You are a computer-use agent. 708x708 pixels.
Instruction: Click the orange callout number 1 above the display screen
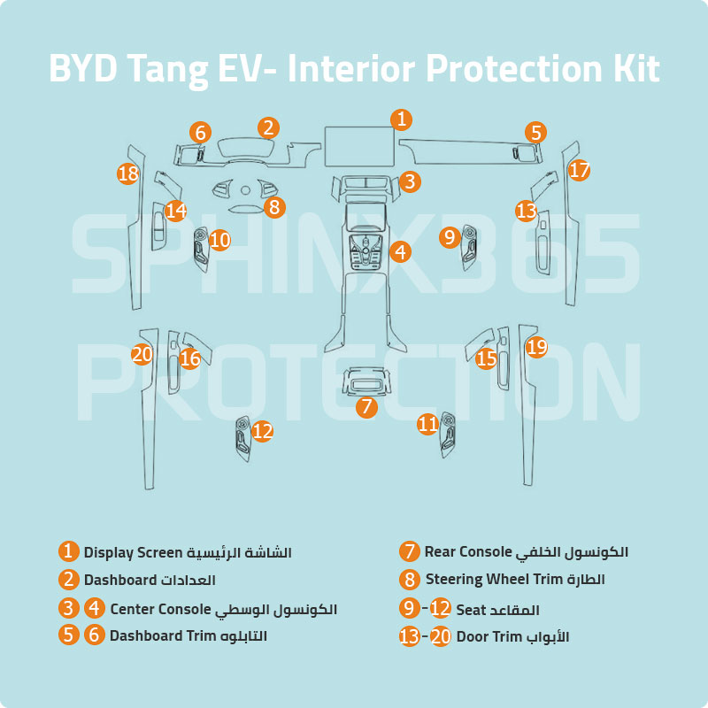pos(401,119)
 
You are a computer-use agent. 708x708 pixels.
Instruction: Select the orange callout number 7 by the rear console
pos(366,407)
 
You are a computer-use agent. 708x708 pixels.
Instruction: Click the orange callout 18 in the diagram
pos(128,173)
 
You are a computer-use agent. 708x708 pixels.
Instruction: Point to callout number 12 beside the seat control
pos(262,431)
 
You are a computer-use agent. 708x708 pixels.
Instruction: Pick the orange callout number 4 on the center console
pos(400,251)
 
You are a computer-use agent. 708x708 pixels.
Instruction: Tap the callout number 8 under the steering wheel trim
pos(273,208)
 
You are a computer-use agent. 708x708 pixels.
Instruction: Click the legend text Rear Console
pos(468,552)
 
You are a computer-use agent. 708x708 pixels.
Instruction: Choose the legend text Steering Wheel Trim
pos(502,581)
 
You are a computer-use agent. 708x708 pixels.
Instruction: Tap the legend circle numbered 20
pos(441,636)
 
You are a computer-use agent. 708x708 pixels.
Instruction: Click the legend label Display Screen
pos(133,552)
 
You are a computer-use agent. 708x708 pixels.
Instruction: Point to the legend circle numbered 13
pos(409,636)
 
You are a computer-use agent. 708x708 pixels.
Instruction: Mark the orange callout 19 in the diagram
pos(536,347)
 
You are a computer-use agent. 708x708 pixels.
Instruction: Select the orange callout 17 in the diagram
pos(579,170)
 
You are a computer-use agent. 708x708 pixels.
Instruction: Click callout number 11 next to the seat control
pos(428,424)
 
